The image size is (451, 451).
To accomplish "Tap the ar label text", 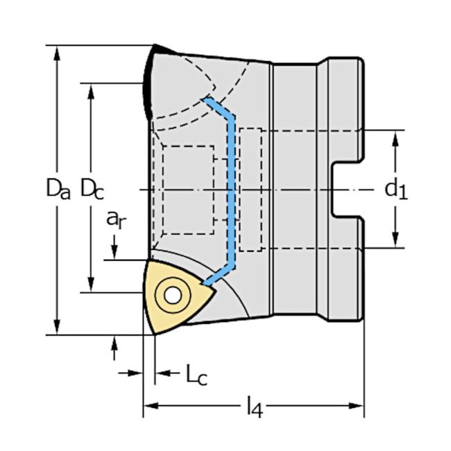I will tap(115, 219).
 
